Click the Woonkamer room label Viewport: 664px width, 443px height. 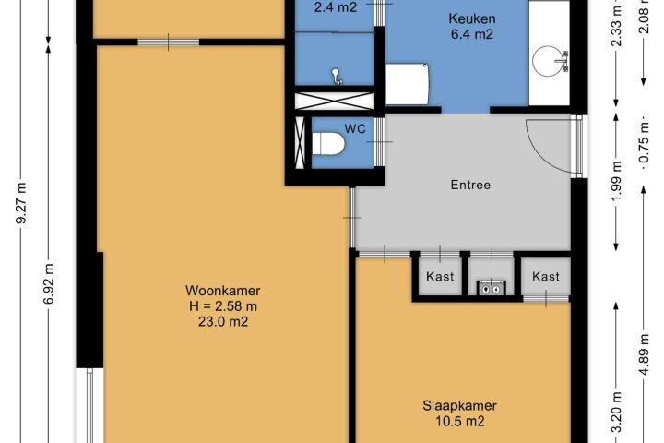click(x=223, y=291)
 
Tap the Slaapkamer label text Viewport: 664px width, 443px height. click(x=459, y=406)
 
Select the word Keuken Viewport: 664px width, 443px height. click(x=472, y=18)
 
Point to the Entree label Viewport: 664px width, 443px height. click(x=470, y=185)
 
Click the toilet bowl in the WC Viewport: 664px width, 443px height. click(x=328, y=144)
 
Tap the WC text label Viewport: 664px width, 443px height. click(x=355, y=128)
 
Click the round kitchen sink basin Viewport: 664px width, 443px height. click(x=547, y=61)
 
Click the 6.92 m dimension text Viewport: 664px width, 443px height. click(x=49, y=283)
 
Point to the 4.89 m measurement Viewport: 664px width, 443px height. click(x=644, y=354)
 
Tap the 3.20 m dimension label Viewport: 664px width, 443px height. click(x=617, y=413)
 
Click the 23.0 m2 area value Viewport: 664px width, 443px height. click(x=223, y=322)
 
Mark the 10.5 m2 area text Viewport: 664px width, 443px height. click(x=459, y=422)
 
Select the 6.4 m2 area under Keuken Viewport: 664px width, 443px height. click(x=472, y=34)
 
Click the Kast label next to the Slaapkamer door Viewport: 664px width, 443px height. click(x=440, y=276)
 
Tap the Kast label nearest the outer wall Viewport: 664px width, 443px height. click(x=546, y=276)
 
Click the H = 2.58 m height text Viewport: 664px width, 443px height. click(x=223, y=306)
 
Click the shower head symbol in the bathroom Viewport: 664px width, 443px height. click(x=337, y=77)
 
